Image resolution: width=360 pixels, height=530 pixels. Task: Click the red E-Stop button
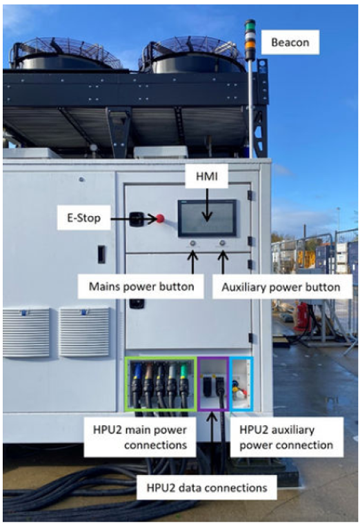[x=160, y=218]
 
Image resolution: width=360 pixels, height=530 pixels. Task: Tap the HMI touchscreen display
[x=207, y=218]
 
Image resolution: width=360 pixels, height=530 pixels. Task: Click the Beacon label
[x=290, y=43]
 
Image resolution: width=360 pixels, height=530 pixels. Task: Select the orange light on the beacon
[x=250, y=45]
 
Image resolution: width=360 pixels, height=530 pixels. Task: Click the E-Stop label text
[x=83, y=218]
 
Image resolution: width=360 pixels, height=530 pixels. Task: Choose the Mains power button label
[x=141, y=286]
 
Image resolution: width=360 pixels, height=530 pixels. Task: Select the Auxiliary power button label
[x=281, y=287]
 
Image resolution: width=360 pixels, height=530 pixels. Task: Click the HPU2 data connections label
[x=207, y=488]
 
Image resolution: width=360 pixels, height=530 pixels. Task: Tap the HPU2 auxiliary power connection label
[x=286, y=438]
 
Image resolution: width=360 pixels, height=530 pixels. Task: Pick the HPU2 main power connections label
[x=140, y=438]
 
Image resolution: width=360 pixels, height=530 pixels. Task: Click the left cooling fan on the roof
[x=66, y=55]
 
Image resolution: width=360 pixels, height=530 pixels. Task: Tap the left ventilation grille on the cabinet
[x=26, y=331]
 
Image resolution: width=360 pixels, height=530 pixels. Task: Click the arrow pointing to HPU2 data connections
[x=212, y=444]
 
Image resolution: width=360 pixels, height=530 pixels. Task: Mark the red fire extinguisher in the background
[x=302, y=316]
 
